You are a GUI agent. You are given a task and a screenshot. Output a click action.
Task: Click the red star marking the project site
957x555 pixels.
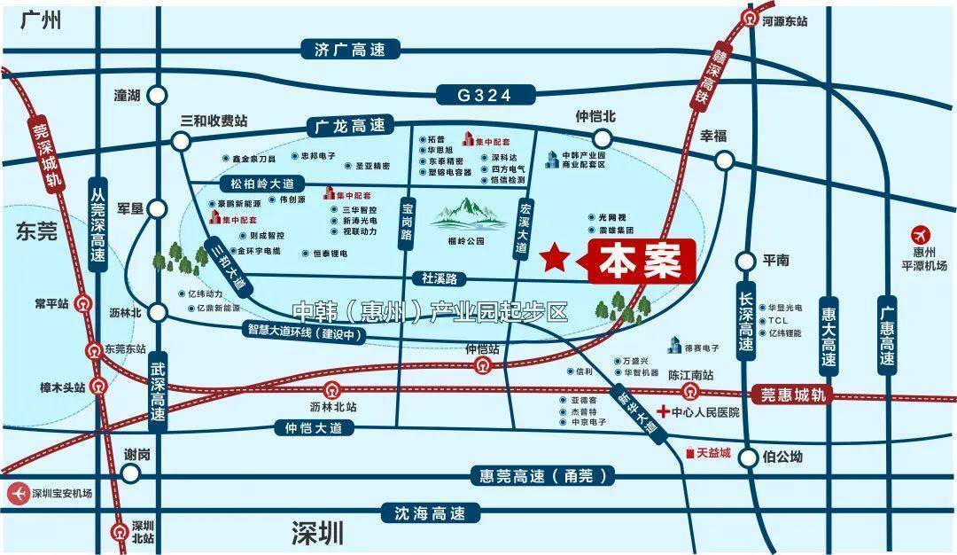(x=555, y=258)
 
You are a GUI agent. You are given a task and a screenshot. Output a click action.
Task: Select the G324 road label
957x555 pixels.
(x=486, y=95)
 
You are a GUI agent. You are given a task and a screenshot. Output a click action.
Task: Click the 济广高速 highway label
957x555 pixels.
(x=350, y=50)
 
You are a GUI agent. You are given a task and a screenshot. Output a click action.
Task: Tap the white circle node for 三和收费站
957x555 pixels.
(x=182, y=141)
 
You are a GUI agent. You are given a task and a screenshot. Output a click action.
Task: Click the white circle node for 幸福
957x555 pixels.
(x=724, y=160)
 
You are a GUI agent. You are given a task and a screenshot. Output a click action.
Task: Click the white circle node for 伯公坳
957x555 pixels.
(x=750, y=457)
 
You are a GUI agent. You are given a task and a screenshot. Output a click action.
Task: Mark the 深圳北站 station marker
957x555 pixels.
(x=120, y=531)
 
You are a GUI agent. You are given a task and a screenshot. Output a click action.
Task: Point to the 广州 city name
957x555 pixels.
(x=43, y=19)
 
